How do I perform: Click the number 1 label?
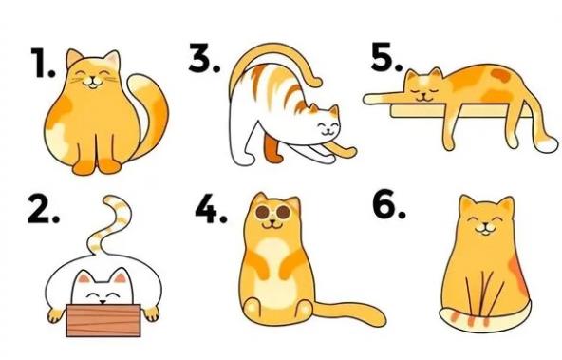(43, 63)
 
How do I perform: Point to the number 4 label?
(211, 209)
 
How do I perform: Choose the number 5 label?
(386, 56)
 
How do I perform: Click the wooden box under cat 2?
(103, 320)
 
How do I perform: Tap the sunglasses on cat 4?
(272, 212)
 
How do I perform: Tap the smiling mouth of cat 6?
(484, 230)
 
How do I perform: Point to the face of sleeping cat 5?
(423, 87)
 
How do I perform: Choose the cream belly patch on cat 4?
(273, 273)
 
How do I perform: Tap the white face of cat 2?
(103, 289)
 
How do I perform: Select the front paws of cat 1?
(97, 165)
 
